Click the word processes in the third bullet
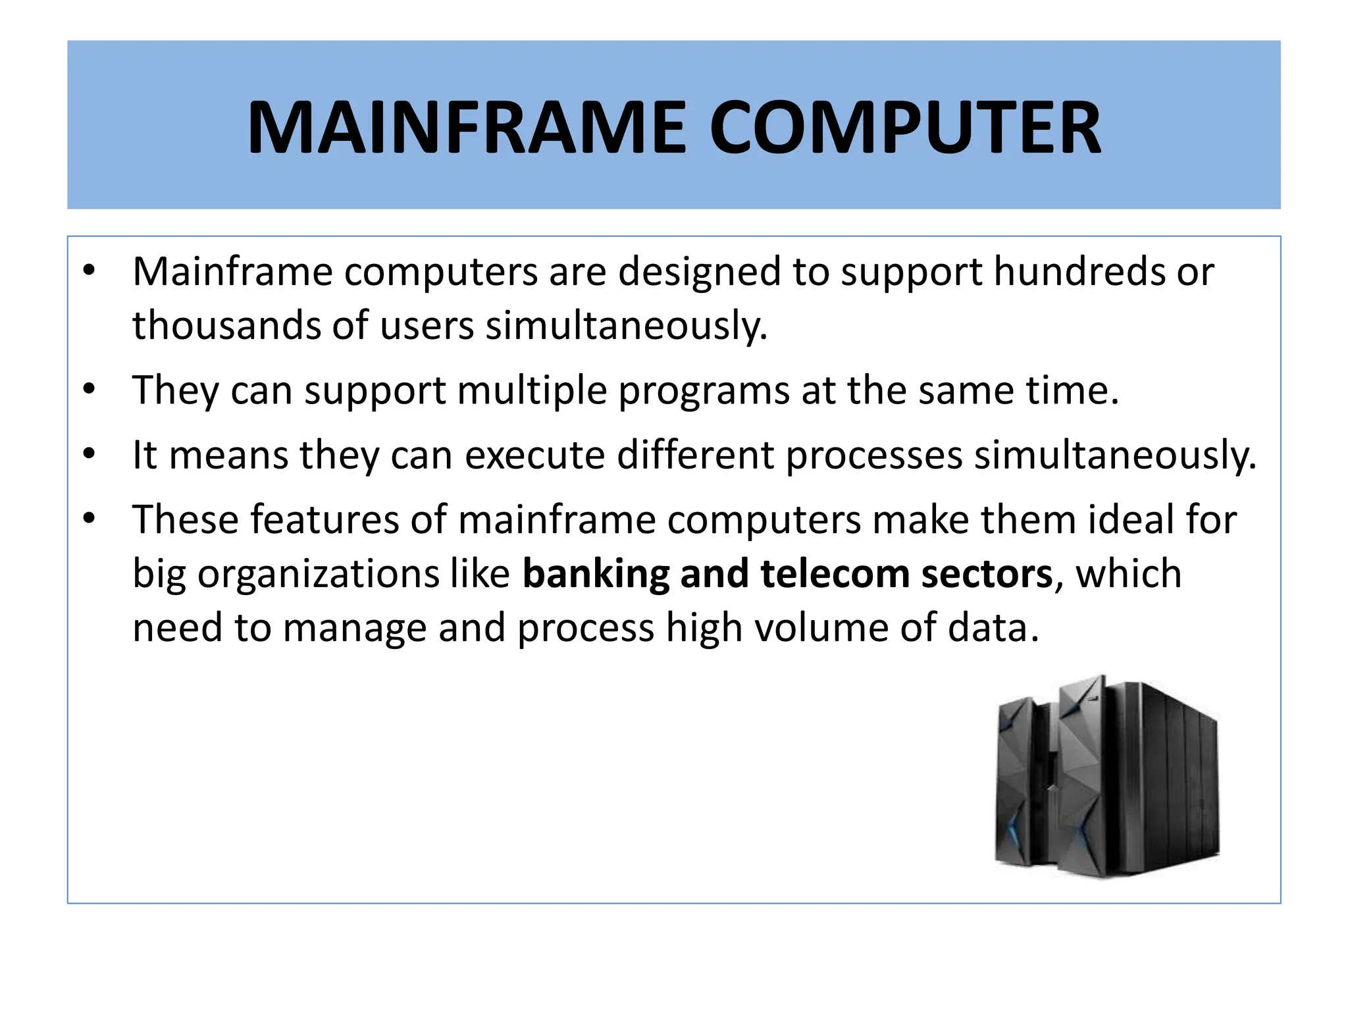[875, 455]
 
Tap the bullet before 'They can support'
[90, 389]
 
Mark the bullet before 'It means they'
[90, 454]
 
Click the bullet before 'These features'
[90, 519]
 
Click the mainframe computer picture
[1106, 777]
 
